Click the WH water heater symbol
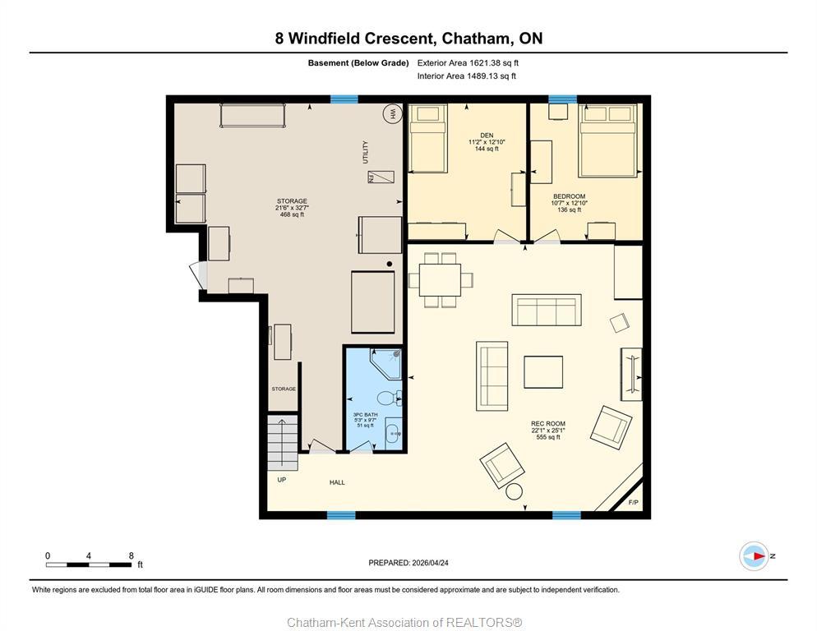[393, 115]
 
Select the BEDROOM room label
[569, 196]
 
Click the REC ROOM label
[547, 424]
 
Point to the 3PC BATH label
[365, 414]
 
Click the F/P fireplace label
[634, 502]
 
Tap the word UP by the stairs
[281, 479]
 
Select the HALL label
[337, 482]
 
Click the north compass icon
[753, 556]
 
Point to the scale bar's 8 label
[132, 555]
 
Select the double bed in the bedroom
[608, 140]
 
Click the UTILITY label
[366, 152]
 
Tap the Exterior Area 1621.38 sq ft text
[468, 62]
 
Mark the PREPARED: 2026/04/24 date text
[408, 563]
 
